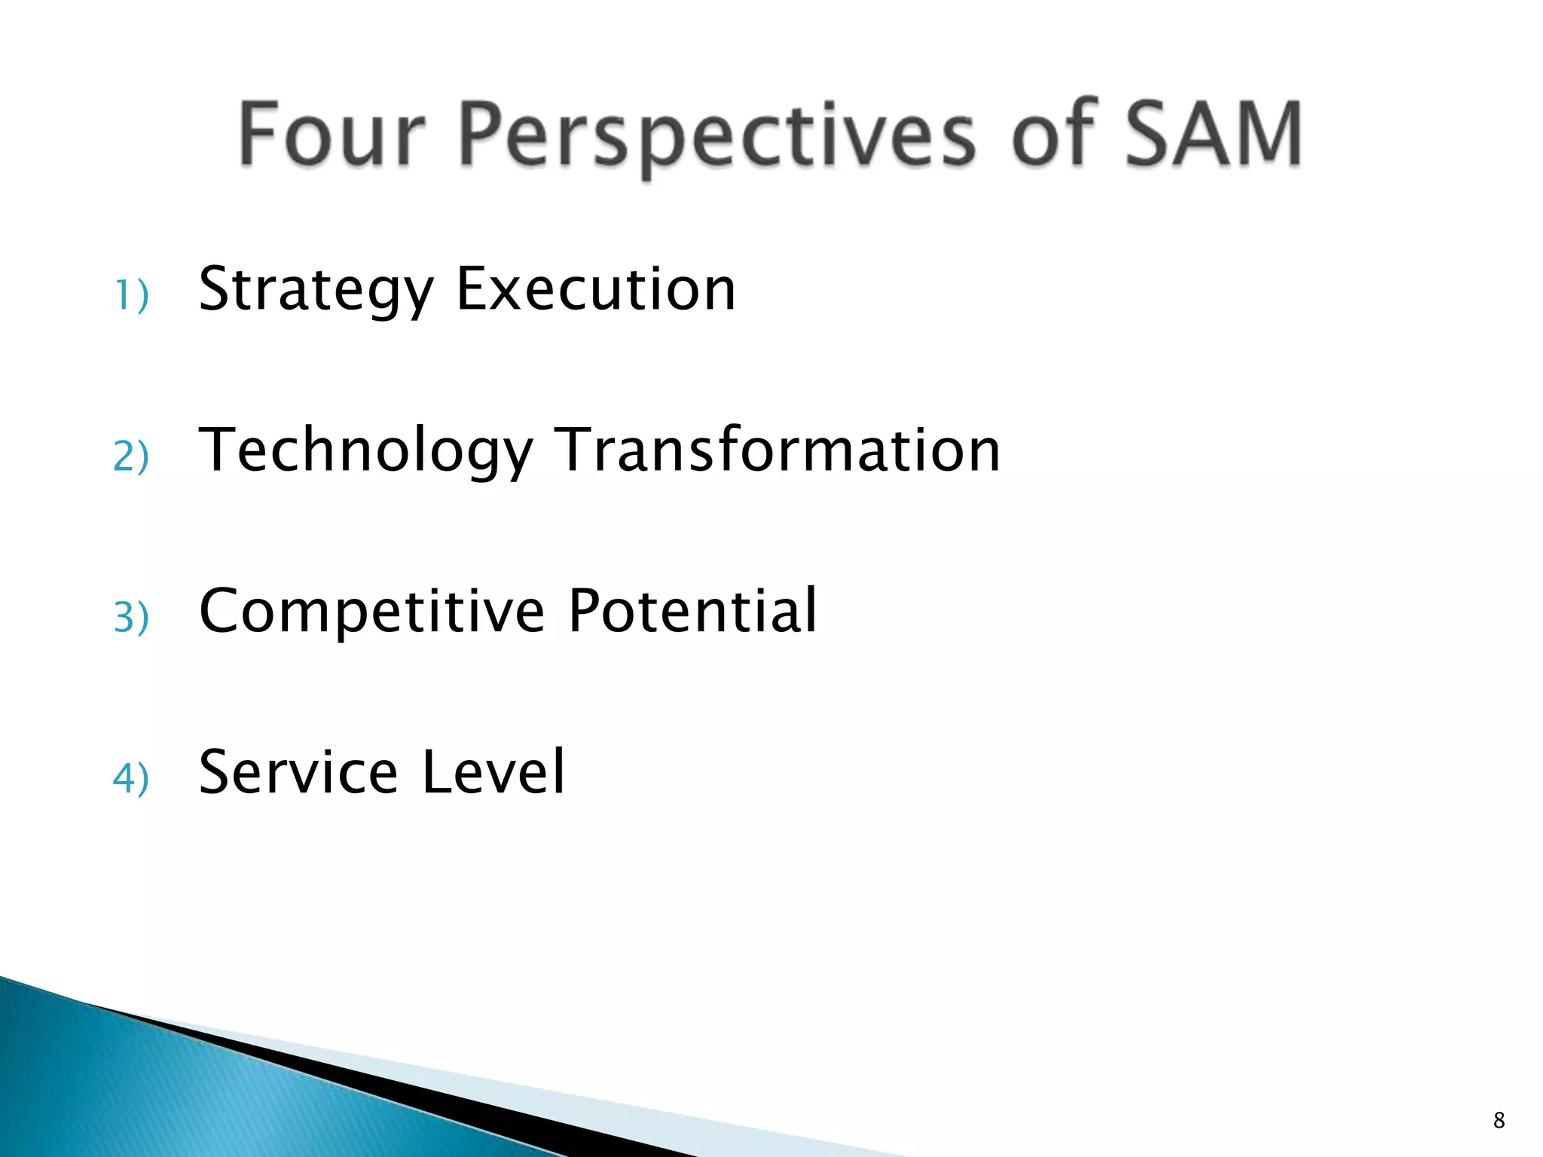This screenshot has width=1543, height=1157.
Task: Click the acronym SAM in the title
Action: [1214, 134]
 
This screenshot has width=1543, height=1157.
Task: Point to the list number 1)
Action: [131, 295]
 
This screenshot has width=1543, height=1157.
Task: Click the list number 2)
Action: [131, 456]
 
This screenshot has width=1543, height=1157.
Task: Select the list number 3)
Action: [131, 617]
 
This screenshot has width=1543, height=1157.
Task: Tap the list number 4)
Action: [131, 777]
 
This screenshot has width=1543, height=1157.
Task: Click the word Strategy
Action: [316, 290]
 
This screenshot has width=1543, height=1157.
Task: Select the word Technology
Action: [365, 450]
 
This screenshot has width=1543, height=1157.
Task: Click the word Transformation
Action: [778, 450]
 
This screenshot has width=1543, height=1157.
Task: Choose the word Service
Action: [298, 771]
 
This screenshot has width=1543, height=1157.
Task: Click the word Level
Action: [493, 771]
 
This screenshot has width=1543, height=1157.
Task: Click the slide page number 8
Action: [1499, 1120]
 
